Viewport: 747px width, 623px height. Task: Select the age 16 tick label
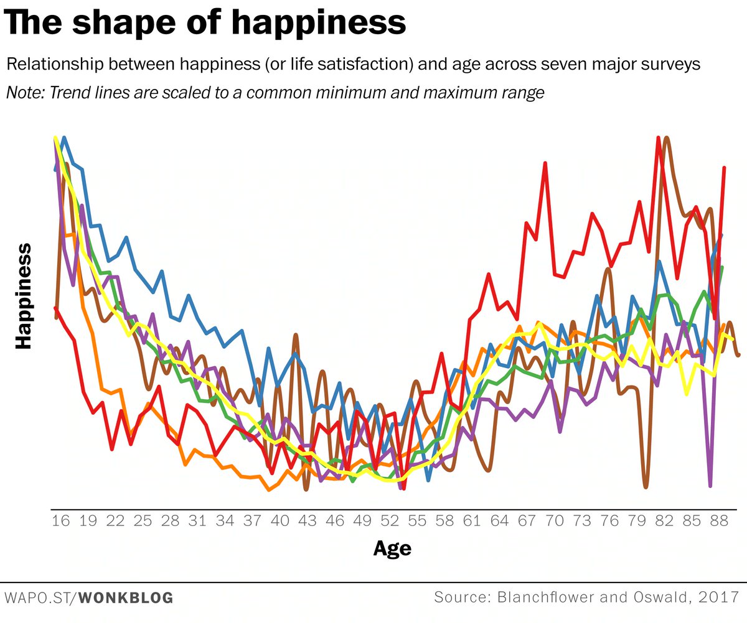tap(61, 521)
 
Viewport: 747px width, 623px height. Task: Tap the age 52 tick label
tap(390, 521)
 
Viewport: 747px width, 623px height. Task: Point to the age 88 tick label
tap(718, 521)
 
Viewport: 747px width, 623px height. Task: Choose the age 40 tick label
tap(280, 521)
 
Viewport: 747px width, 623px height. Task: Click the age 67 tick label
tap(527, 521)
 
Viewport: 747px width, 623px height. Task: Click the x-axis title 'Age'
tap(392, 549)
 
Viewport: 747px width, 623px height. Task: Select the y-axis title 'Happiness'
tap(24, 296)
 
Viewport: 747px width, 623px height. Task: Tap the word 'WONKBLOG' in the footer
tap(126, 599)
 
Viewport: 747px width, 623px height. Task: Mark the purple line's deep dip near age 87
tap(710, 484)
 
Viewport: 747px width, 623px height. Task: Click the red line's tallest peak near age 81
tap(658, 138)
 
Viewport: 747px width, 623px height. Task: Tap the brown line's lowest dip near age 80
tap(646, 487)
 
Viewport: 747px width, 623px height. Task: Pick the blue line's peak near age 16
tap(64, 138)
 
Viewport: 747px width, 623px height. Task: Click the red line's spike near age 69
tap(545, 164)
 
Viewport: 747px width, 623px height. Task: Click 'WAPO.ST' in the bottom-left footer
tap(38, 599)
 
